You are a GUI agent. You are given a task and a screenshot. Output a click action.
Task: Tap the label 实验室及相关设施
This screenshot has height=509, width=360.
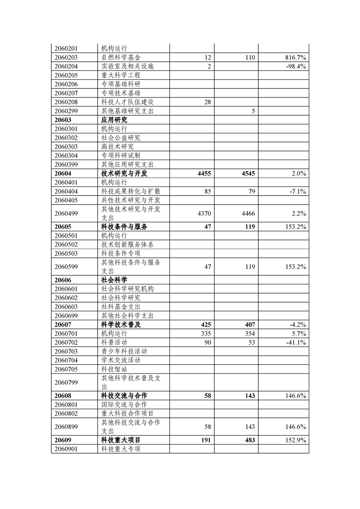click(x=127, y=66)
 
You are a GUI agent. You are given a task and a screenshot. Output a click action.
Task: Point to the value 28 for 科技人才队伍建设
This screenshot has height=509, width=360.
click(x=208, y=102)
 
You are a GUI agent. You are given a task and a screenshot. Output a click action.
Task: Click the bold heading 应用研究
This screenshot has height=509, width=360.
click(x=114, y=120)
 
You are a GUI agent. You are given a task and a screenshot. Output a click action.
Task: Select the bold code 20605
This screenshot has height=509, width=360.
click(x=63, y=227)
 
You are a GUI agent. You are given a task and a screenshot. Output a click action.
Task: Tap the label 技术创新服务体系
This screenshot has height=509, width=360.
click(x=127, y=245)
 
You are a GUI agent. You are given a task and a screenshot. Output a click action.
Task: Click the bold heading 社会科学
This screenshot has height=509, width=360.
click(x=114, y=280)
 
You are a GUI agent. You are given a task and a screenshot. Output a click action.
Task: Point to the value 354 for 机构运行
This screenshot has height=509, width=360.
click(x=250, y=334)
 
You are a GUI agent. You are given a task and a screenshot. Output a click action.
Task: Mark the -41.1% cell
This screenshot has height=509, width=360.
click(x=296, y=343)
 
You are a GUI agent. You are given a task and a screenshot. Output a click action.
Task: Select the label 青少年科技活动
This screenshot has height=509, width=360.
click(x=124, y=352)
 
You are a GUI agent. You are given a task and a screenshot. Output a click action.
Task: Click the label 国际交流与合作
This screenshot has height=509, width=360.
click(x=124, y=405)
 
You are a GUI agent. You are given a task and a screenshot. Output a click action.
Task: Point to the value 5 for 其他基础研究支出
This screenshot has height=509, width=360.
click(x=253, y=111)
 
